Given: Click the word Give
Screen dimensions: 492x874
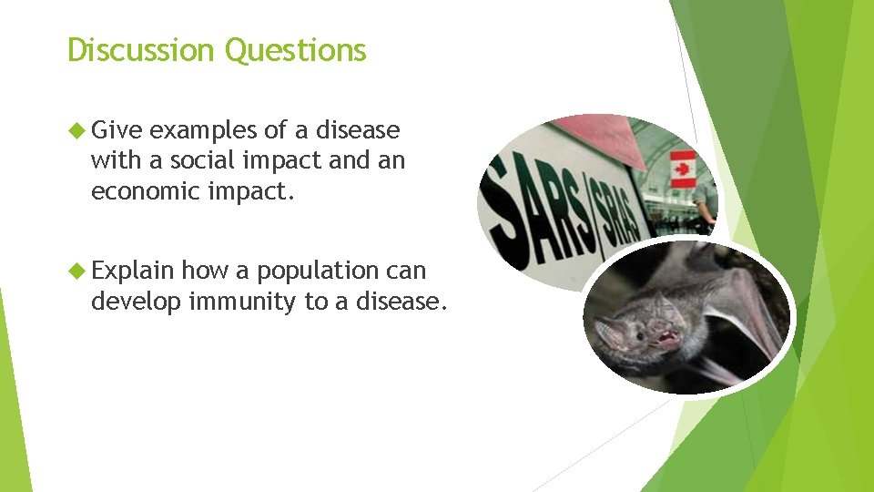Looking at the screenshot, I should (x=117, y=130).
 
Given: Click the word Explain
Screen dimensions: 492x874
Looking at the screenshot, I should (x=132, y=272).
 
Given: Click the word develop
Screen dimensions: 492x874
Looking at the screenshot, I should (x=136, y=302).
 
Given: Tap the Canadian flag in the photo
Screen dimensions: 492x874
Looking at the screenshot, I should (x=682, y=169).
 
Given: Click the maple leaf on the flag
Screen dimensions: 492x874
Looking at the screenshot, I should (x=682, y=169).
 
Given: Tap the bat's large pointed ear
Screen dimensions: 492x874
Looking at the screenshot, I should (x=607, y=330).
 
